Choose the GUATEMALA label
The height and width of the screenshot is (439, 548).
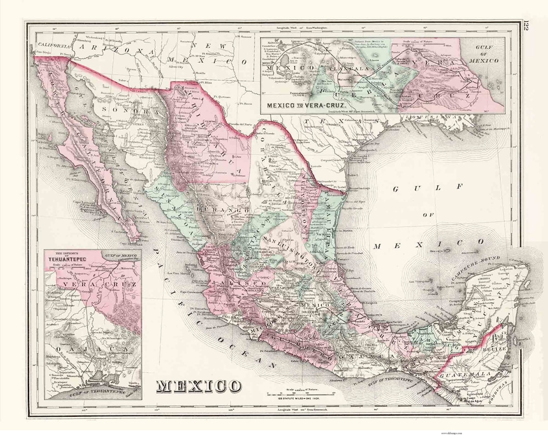pos(462,375)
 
